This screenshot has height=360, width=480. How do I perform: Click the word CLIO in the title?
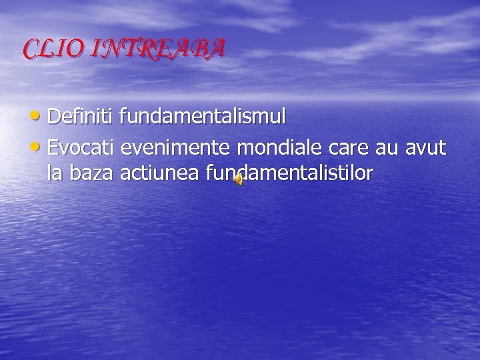pos(51,49)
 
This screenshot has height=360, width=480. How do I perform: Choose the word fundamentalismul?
pos(203,117)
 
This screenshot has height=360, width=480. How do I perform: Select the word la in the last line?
pos(54,173)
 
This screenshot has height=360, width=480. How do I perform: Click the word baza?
pos(91,173)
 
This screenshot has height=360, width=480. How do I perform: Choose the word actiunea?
pos(160,173)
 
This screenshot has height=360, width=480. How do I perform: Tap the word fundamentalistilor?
pos(289,173)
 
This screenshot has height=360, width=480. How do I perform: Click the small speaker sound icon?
pos(238,177)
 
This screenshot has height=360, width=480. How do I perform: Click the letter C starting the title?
pos(31,49)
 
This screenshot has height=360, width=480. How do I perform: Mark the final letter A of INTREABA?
pos(217,49)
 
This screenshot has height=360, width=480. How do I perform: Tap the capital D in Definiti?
pos(55,117)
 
